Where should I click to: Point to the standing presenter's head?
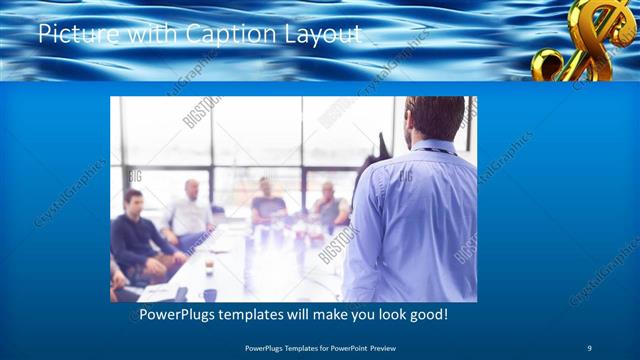[435, 118]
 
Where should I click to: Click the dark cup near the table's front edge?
[209, 294]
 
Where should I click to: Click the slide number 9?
[589, 347]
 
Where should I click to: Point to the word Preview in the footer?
[376, 347]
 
